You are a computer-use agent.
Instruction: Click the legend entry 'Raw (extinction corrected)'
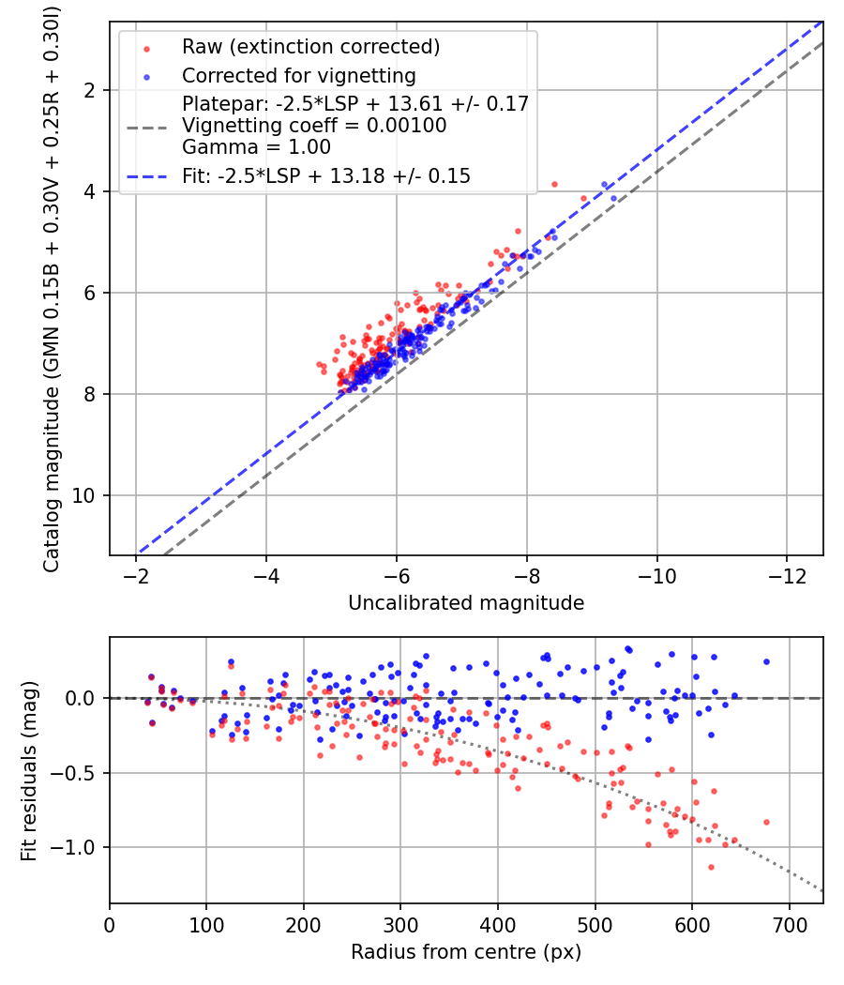[x=310, y=47]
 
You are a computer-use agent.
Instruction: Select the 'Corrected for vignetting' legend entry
[x=299, y=75]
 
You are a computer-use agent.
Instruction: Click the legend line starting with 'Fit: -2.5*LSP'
[x=326, y=175]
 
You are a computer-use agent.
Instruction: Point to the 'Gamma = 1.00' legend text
[x=229, y=147]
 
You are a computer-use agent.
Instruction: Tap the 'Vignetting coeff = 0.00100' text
[x=314, y=126]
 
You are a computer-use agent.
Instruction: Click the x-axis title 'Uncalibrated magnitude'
[x=466, y=603]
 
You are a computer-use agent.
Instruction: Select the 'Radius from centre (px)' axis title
[x=466, y=952]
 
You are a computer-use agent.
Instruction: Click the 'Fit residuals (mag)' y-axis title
[x=29, y=770]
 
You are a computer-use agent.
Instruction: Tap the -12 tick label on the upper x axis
[x=786, y=572]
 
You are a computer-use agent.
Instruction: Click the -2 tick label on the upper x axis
[x=136, y=572]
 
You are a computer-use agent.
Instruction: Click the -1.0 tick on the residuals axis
[x=80, y=847]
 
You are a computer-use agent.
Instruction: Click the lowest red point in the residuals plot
[x=711, y=867]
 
